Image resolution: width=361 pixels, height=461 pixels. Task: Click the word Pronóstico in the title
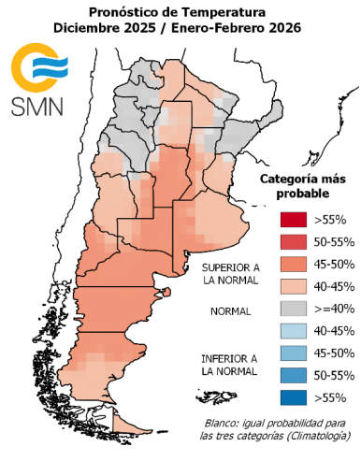[x=128, y=11]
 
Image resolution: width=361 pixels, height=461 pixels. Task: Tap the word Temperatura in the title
[x=230, y=11]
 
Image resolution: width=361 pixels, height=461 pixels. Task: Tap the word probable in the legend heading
[x=302, y=194]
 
